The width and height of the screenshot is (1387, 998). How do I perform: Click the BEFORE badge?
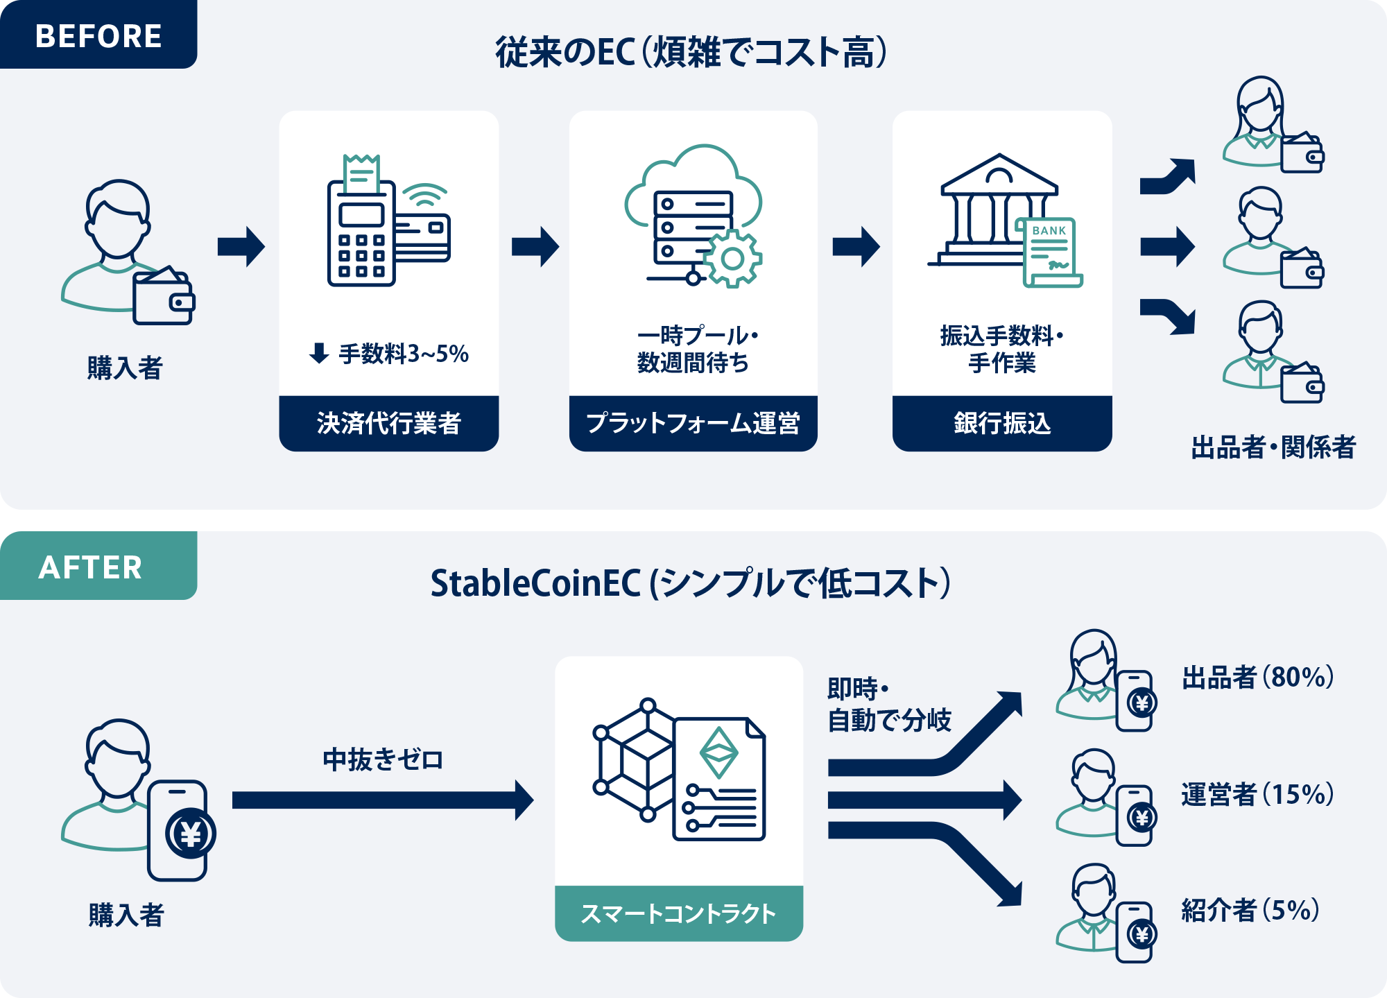point(98,35)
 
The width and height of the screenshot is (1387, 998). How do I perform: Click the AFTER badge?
point(91,567)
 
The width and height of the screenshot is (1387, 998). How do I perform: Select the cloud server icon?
point(693,215)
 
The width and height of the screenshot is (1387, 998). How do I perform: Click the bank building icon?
point(999,212)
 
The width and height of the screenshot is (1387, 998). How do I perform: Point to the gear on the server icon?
point(732,259)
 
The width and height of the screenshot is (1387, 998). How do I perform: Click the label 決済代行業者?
point(388,423)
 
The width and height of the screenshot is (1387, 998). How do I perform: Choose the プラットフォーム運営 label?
point(693,423)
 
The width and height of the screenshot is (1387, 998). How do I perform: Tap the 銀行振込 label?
point(1002,423)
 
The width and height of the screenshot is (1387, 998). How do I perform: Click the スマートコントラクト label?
point(678,913)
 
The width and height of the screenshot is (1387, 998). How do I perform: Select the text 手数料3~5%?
point(403,354)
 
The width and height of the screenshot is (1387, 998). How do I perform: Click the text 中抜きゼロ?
point(383,759)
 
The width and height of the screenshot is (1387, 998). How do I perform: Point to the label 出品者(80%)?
point(1257,678)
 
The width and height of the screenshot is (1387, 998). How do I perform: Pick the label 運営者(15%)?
point(1257,794)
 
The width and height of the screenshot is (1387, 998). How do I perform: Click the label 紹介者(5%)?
point(1250,910)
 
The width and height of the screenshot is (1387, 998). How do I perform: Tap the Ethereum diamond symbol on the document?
point(718,752)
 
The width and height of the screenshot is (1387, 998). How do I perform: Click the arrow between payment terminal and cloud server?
point(535,246)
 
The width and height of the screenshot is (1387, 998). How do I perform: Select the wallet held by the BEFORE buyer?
point(163,297)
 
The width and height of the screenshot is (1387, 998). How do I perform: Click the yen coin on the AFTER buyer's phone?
point(190,834)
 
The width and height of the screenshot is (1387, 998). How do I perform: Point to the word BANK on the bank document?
point(1049,230)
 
